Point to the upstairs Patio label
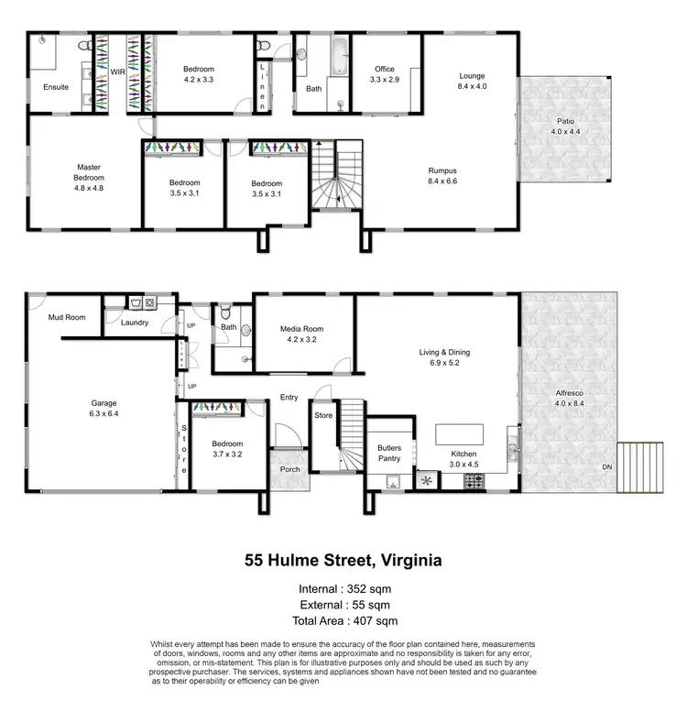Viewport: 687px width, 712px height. tap(566, 126)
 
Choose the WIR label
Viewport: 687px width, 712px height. tap(117, 71)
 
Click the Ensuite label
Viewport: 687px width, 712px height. tap(56, 88)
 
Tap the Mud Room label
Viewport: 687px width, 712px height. tap(66, 318)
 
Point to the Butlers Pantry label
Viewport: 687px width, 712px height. tap(389, 453)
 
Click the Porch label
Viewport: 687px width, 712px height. tap(290, 469)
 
